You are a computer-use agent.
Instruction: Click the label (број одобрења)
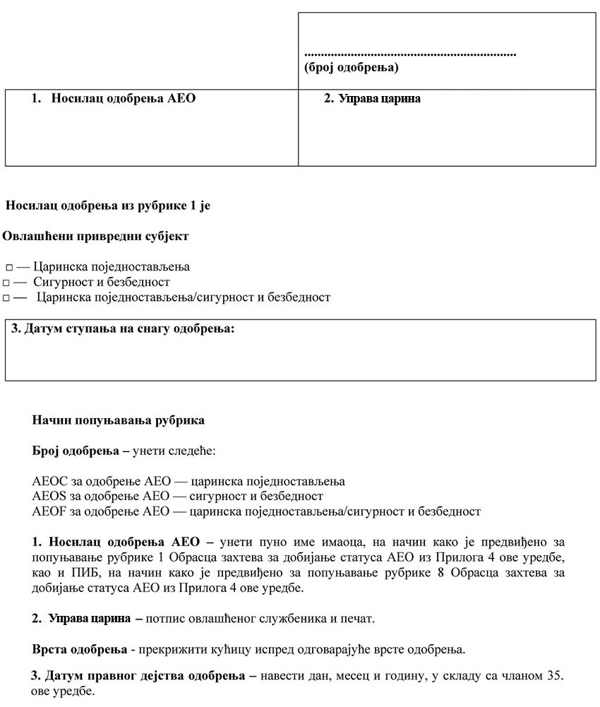click(x=351, y=68)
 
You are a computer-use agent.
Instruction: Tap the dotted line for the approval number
click(x=410, y=54)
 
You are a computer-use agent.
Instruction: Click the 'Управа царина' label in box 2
click(x=379, y=99)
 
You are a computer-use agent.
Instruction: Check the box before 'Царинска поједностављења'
click(x=9, y=268)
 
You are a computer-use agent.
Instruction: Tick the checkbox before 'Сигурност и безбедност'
click(x=6, y=283)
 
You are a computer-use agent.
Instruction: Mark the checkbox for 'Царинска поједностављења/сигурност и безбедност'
click(x=6, y=298)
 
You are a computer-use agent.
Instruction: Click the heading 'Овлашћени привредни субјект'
click(x=95, y=236)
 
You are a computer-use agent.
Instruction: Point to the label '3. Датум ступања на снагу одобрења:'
click(x=123, y=329)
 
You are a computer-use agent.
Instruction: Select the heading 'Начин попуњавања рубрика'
click(x=118, y=420)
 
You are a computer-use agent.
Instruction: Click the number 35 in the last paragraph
click(x=555, y=675)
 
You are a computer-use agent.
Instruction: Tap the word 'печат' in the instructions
click(x=357, y=619)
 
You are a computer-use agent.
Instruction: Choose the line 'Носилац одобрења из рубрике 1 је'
click(x=108, y=206)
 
